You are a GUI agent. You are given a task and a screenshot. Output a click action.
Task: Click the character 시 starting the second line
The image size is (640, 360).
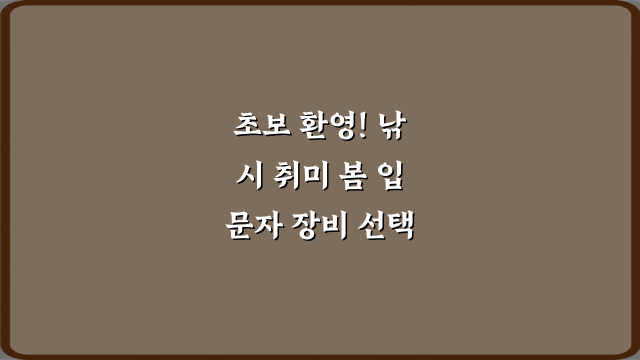click(248, 178)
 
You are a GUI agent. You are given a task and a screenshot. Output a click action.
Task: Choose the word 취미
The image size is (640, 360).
click(299, 178)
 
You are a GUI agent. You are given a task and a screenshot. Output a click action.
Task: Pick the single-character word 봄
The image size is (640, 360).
click(348, 178)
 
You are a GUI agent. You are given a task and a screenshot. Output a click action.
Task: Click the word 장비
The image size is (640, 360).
click(320, 228)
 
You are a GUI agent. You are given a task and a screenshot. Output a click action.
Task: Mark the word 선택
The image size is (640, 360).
click(386, 228)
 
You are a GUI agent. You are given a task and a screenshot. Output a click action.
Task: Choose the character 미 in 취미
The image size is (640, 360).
click(314, 178)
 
